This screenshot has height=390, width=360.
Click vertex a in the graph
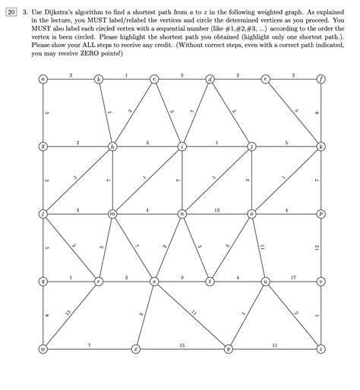pyautogui.click(x=43, y=80)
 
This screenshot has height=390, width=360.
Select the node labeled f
pyautogui.click(x=322, y=80)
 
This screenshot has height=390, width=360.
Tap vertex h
pyautogui.click(x=113, y=146)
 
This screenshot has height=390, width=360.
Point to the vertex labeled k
pyautogui.click(x=322, y=146)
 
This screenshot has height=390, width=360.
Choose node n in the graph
pyautogui.click(x=182, y=214)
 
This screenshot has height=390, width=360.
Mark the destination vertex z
pyautogui.click(x=322, y=348)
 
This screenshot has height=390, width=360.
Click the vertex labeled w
pyautogui.click(x=43, y=348)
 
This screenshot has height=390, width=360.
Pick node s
pyautogui.click(x=155, y=281)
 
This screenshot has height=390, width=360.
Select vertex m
pyautogui.click(x=113, y=214)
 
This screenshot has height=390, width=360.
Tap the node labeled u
pyautogui.click(x=266, y=281)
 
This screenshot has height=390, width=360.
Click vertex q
pyautogui.click(x=43, y=281)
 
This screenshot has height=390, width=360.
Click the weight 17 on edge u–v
pyautogui.click(x=293, y=277)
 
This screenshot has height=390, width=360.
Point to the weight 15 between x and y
pyautogui.click(x=182, y=345)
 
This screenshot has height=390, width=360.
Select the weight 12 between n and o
pyautogui.click(x=217, y=209)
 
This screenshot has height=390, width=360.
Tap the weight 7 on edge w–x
pyautogui.click(x=89, y=345)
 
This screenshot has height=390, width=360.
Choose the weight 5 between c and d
pyautogui.click(x=182, y=75)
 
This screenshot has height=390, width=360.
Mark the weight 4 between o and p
pyautogui.click(x=286, y=209)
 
